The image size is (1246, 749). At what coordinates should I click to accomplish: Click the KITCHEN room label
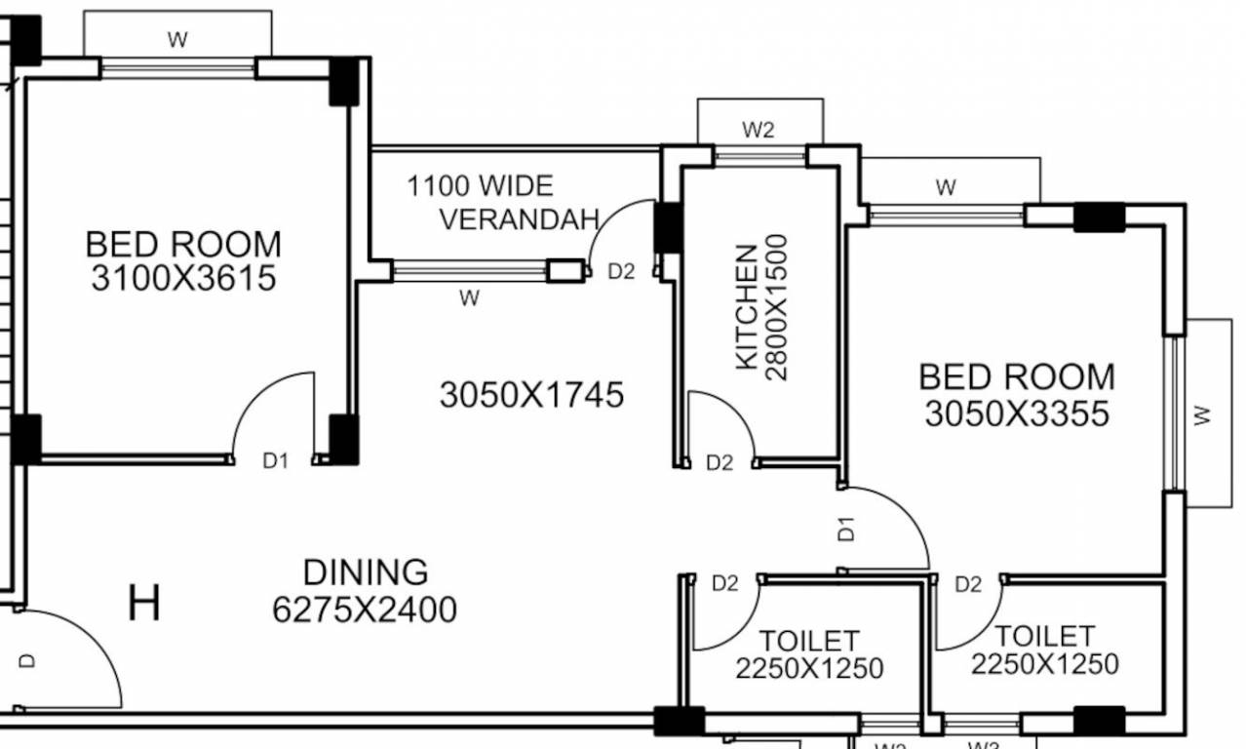pyautogui.click(x=746, y=307)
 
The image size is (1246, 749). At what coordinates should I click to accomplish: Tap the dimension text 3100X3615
pyautogui.click(x=183, y=279)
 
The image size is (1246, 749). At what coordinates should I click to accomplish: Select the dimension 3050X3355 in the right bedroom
pyautogui.click(x=1017, y=414)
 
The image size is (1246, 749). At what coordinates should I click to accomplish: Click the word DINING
pyautogui.click(x=365, y=572)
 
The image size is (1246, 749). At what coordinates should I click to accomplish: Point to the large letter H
pyautogui.click(x=144, y=604)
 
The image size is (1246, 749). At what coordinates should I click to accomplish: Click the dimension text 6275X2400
pyautogui.click(x=365, y=611)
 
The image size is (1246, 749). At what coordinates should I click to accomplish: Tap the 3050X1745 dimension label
pyautogui.click(x=531, y=395)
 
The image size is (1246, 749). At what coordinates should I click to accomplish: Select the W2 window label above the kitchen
pyautogui.click(x=759, y=130)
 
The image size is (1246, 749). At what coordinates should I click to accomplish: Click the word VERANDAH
pyautogui.click(x=519, y=219)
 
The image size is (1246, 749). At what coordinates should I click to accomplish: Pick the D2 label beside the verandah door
pyautogui.click(x=621, y=272)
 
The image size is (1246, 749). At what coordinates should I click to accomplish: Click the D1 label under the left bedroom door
pyautogui.click(x=276, y=461)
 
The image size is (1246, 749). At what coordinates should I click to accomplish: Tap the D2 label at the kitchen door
pyautogui.click(x=719, y=463)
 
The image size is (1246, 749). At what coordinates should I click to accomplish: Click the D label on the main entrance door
pyautogui.click(x=27, y=660)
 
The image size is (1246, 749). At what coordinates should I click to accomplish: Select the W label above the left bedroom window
pyautogui.click(x=176, y=40)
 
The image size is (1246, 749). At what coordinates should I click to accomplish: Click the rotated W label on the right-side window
pyautogui.click(x=1202, y=415)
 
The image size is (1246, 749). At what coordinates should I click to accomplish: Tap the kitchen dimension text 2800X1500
pyautogui.click(x=777, y=307)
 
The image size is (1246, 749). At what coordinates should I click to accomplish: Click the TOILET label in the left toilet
pyautogui.click(x=809, y=641)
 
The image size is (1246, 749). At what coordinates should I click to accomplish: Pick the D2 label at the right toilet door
pyautogui.click(x=967, y=584)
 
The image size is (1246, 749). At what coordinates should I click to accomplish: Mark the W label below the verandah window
pyautogui.click(x=469, y=299)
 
